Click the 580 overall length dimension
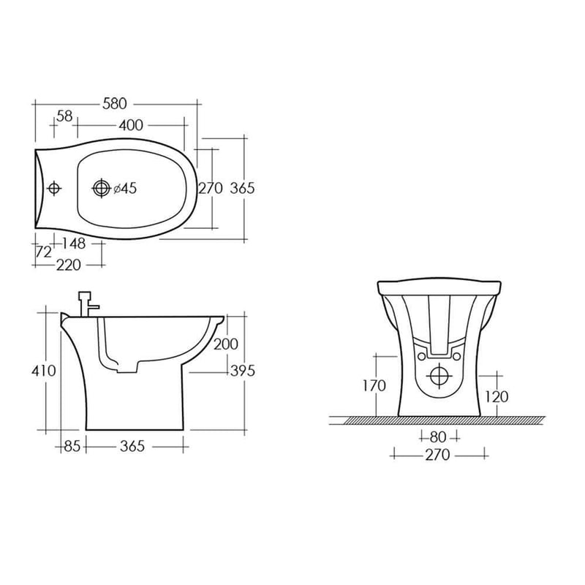click(x=115, y=104)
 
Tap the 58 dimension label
click(x=64, y=116)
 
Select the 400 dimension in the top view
click(x=131, y=125)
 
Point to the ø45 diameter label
click(x=125, y=189)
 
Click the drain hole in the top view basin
click(x=101, y=188)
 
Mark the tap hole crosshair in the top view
click(x=54, y=188)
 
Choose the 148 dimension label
click(x=74, y=244)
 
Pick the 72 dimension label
click(x=43, y=252)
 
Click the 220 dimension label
click(x=69, y=265)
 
